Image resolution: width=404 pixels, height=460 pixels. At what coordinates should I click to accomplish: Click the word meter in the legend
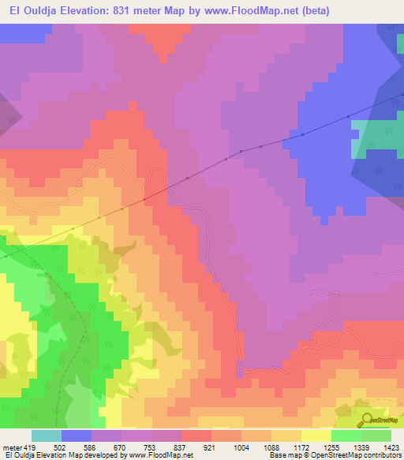[11, 447]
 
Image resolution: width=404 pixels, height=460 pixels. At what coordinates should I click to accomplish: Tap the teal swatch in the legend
[47, 435]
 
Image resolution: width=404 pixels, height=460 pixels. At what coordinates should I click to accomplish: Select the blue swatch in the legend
[77, 435]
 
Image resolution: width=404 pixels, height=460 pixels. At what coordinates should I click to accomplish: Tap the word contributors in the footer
[380, 456]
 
